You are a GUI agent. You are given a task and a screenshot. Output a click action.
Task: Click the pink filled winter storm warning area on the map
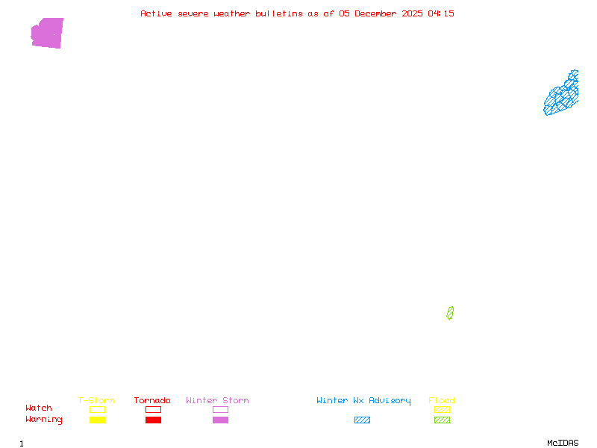point(48,33)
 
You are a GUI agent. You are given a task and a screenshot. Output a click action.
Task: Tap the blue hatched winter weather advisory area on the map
point(560,97)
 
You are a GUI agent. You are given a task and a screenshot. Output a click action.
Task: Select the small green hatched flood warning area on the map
point(450,313)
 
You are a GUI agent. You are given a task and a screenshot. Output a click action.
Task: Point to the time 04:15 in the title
point(441,13)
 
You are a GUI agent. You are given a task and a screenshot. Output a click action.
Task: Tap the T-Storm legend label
point(96,401)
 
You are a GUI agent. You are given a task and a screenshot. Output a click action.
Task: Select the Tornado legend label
point(152,401)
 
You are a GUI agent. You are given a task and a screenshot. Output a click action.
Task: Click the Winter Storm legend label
point(217,401)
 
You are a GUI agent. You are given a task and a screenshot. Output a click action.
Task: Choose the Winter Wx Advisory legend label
point(363,401)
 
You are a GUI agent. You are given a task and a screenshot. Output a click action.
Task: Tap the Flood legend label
point(442,401)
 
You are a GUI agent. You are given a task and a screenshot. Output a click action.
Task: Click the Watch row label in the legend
point(39,408)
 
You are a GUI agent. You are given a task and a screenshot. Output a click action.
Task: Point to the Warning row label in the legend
point(44,420)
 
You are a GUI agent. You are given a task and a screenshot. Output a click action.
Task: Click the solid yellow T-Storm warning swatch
point(97,420)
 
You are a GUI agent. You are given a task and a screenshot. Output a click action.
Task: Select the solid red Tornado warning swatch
point(153,420)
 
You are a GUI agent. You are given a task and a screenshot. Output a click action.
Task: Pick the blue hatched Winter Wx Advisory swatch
point(362,420)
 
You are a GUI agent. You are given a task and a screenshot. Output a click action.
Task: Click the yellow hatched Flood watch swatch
point(442,410)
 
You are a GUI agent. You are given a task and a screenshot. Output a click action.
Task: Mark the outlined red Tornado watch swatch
point(153,410)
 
